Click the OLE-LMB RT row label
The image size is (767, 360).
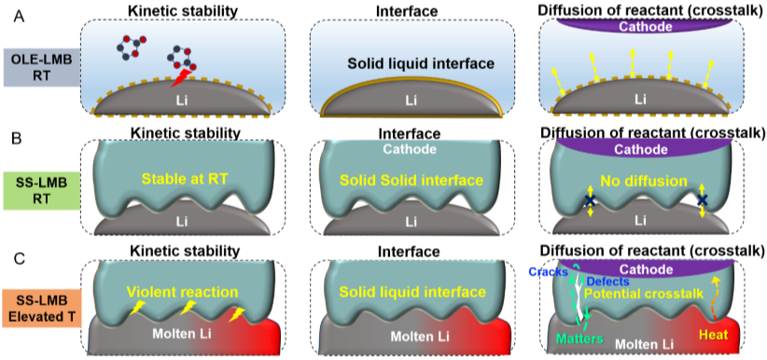[39, 68]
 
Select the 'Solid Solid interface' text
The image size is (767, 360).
[411, 179]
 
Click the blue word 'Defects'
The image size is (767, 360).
[608, 282]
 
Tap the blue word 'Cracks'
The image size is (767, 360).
[548, 271]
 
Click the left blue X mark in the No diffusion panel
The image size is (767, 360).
[590, 201]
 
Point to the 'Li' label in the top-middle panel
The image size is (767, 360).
[411, 98]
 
